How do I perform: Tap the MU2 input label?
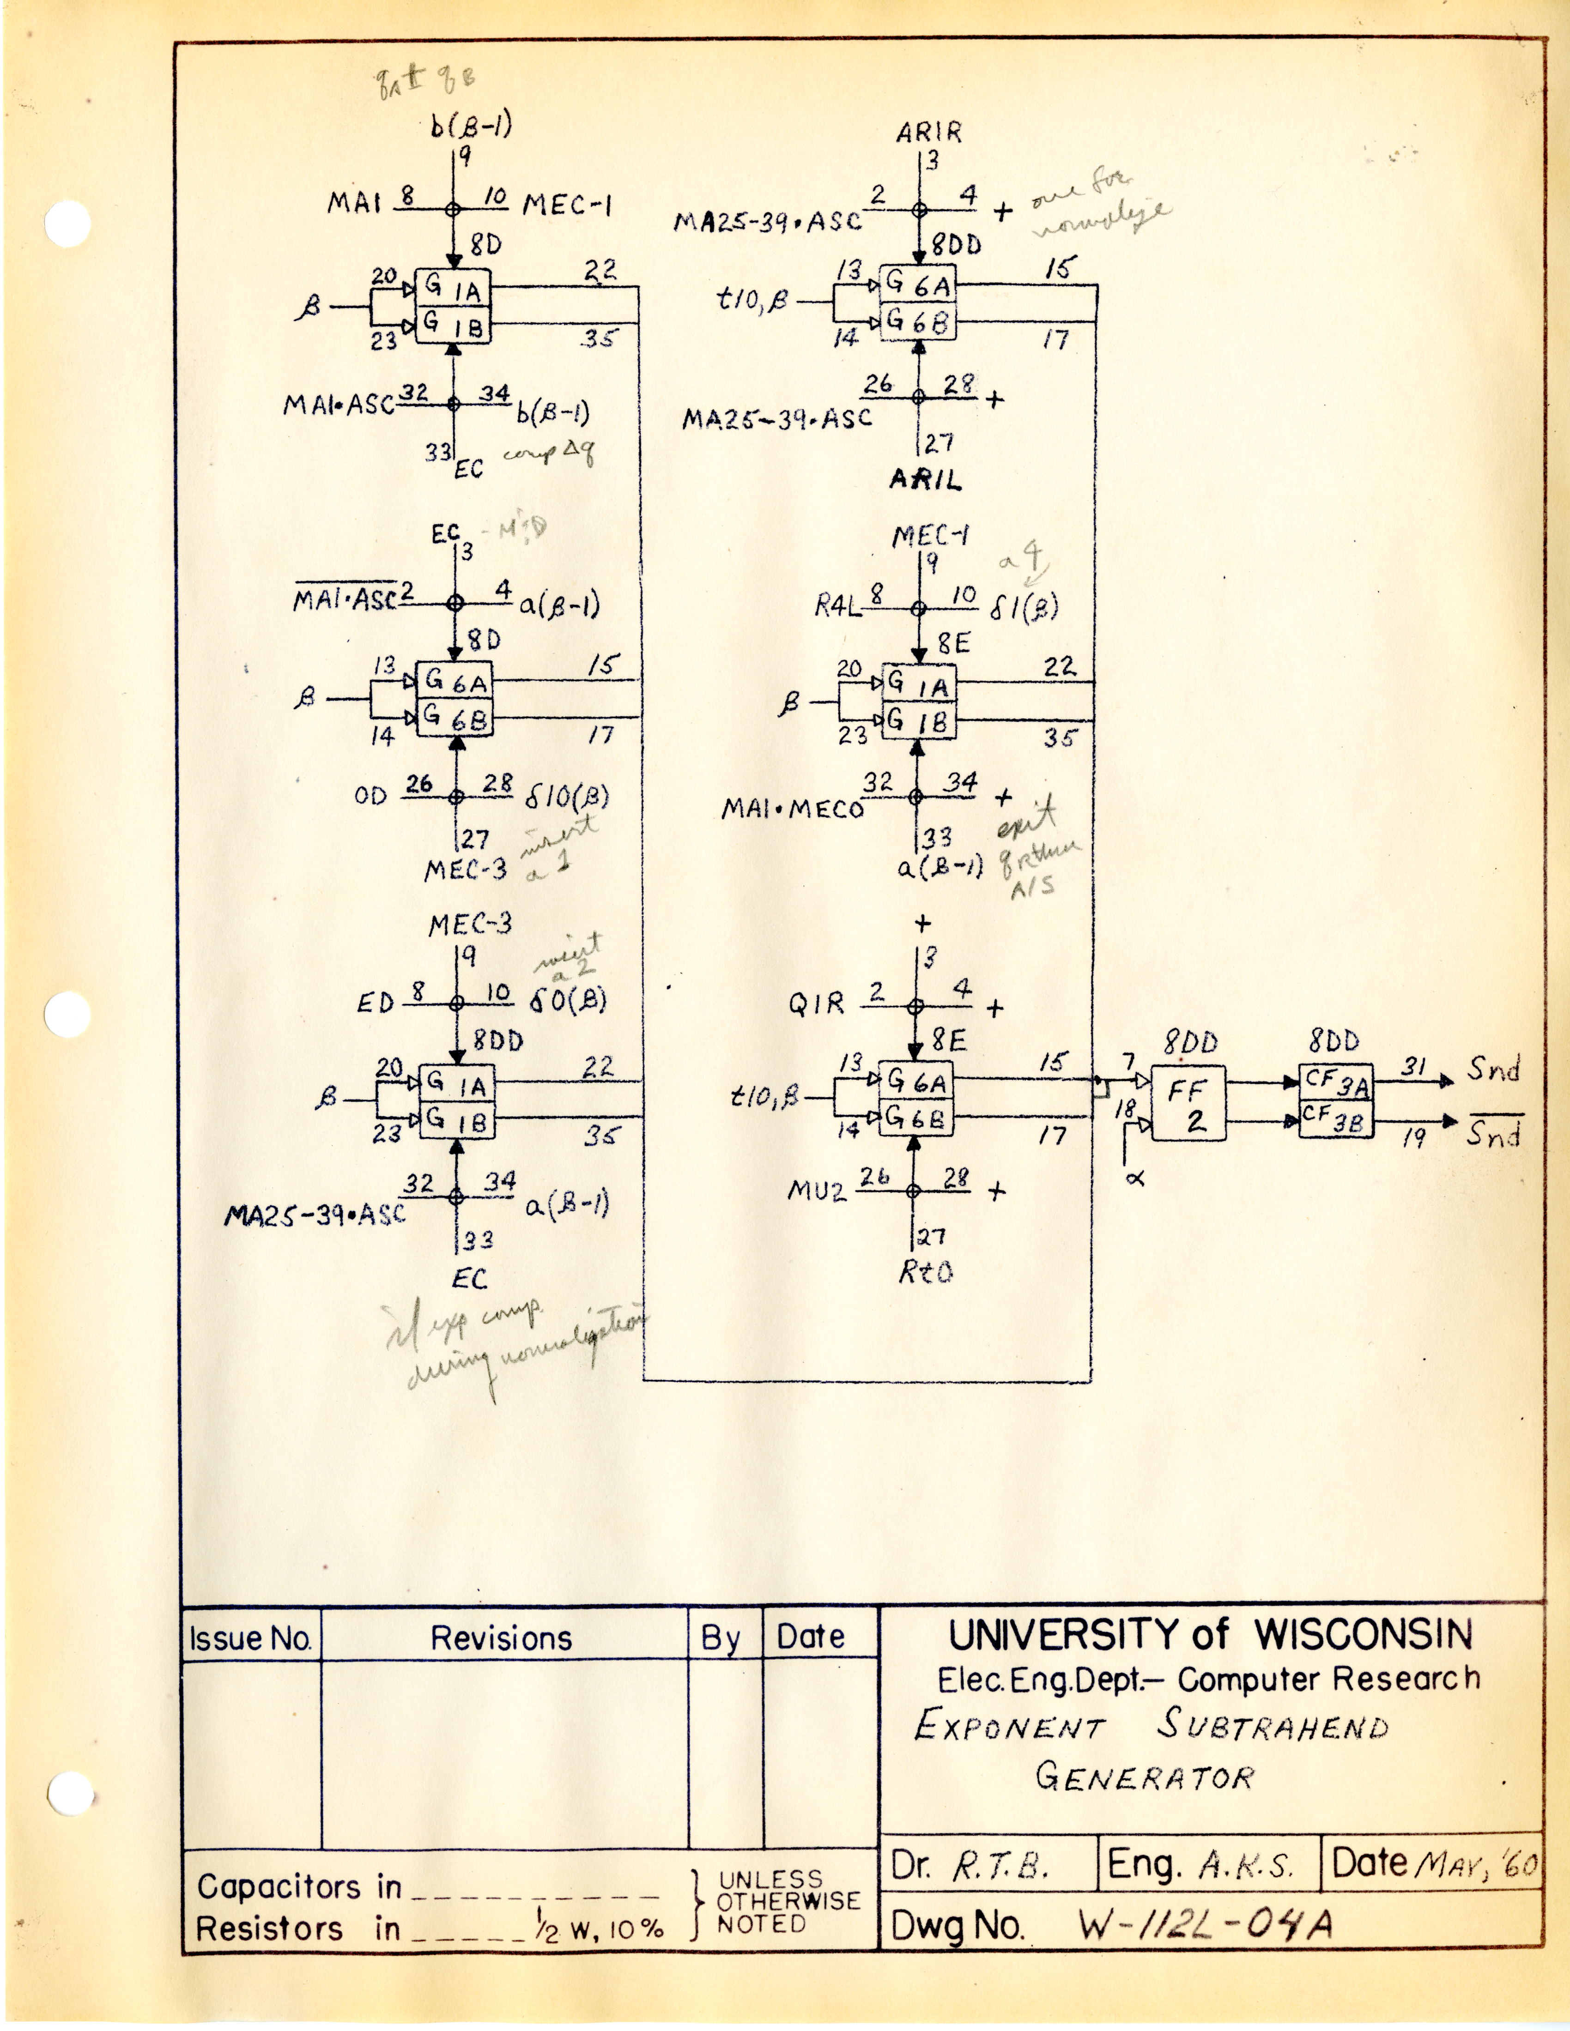[x=818, y=1191]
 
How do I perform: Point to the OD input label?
[x=370, y=797]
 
